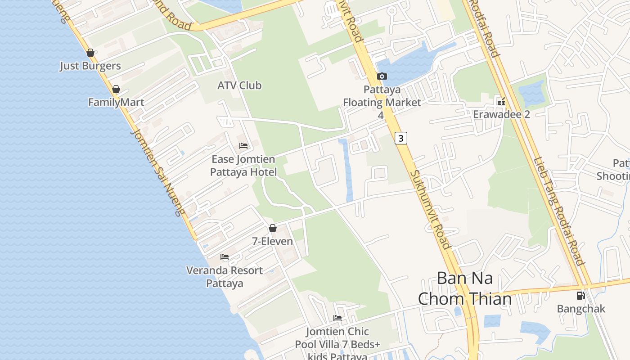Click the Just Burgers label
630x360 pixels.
coord(90,66)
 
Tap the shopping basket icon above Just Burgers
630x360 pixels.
coord(90,53)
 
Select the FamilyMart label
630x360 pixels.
coord(116,103)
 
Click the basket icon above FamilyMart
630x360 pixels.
coord(116,90)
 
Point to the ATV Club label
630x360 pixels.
coord(239,85)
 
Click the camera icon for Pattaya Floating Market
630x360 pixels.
coord(382,76)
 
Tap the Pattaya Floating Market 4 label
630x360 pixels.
coord(382,102)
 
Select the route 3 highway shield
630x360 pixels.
coord(400,138)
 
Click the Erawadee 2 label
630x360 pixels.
coord(501,114)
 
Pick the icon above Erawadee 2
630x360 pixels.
coord(501,102)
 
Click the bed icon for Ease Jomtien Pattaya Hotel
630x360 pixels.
coord(243,146)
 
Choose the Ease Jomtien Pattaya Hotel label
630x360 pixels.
coord(243,166)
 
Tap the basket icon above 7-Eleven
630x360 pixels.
coord(272,229)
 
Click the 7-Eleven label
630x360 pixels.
coord(272,242)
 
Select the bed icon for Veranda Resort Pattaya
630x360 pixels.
coord(225,257)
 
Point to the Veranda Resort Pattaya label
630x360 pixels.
coord(225,277)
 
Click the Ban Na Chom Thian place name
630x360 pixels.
coord(465,288)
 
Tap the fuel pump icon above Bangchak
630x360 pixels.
coord(581,296)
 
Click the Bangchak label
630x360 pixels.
coord(581,309)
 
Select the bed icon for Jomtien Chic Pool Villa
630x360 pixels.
coord(337,318)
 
